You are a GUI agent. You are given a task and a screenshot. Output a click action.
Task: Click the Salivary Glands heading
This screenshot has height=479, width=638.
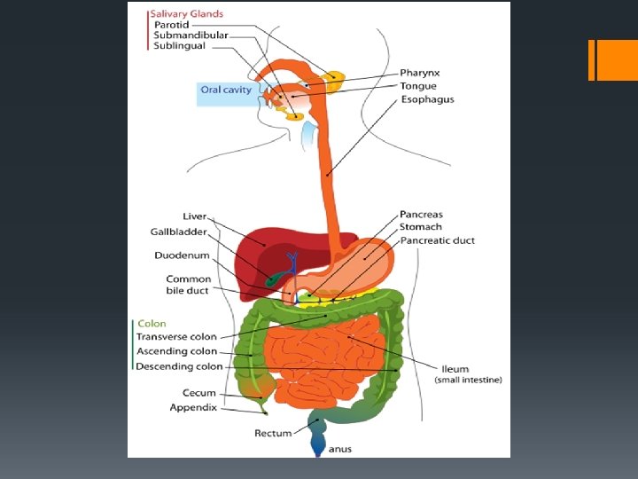click(x=186, y=14)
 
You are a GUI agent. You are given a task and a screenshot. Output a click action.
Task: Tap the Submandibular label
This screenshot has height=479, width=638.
click(x=191, y=35)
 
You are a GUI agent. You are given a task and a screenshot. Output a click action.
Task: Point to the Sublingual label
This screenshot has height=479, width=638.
click(x=179, y=46)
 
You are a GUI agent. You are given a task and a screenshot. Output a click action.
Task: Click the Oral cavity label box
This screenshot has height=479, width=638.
click(x=226, y=90)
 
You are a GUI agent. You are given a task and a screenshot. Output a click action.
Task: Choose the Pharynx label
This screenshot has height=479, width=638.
click(x=419, y=73)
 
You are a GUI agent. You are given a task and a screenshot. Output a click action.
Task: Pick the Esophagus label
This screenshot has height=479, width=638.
click(x=427, y=99)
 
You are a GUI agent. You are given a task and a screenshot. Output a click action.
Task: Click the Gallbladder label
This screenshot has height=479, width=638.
click(x=178, y=232)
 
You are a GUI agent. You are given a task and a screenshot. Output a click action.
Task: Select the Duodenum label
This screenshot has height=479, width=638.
click(x=182, y=255)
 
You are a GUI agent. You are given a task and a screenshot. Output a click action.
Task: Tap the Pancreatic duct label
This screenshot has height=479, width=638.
click(x=437, y=240)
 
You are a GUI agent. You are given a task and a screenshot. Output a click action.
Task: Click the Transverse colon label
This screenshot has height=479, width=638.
click(x=175, y=337)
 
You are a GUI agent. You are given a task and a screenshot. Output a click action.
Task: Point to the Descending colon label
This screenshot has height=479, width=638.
click(x=179, y=366)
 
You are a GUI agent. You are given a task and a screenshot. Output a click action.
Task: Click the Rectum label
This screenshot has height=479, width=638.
click(x=273, y=434)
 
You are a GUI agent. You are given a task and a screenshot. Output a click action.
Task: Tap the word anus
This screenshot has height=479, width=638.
click(x=339, y=449)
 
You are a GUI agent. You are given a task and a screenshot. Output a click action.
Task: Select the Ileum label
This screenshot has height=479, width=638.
click(x=455, y=369)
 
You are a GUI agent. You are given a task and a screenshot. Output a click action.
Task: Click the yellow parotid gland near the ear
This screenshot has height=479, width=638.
click(x=335, y=80)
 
